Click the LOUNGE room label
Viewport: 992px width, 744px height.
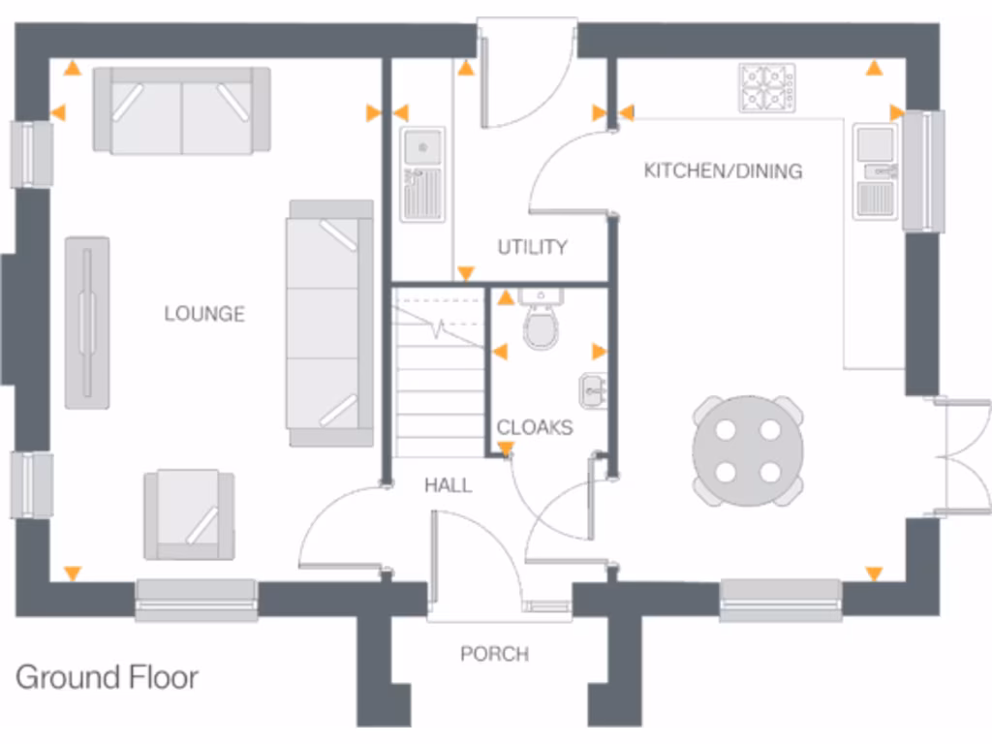(x=204, y=314)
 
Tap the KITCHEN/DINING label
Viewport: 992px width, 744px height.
(x=723, y=171)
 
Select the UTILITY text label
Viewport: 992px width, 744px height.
(x=532, y=247)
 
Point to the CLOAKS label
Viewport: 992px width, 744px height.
(x=535, y=427)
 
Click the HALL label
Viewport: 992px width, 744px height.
(x=448, y=485)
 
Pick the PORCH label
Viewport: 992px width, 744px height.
(x=494, y=654)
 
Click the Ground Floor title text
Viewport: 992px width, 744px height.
(x=108, y=676)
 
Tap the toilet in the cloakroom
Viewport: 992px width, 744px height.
(x=541, y=323)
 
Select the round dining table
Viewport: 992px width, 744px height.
(x=748, y=450)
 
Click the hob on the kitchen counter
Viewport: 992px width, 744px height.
(x=766, y=87)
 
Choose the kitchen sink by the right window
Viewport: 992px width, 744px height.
(x=878, y=171)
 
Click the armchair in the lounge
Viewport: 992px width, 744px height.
(x=189, y=514)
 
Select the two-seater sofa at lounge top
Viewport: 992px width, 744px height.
(x=181, y=110)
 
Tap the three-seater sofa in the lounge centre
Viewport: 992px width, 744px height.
(x=329, y=323)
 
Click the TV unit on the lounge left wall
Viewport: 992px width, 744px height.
(x=87, y=322)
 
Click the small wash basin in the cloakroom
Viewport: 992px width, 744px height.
(x=593, y=389)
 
